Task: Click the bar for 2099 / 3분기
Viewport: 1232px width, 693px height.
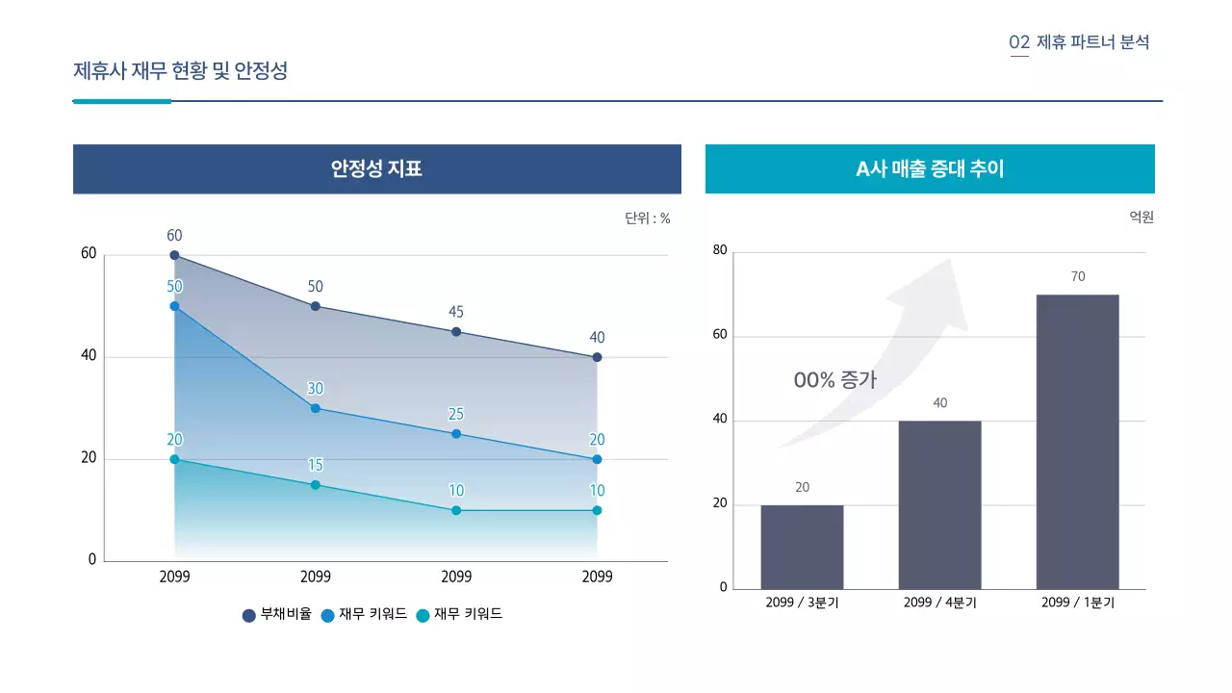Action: click(x=802, y=547)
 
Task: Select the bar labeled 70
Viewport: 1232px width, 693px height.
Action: click(x=1077, y=442)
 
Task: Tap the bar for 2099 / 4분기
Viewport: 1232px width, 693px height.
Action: click(x=939, y=504)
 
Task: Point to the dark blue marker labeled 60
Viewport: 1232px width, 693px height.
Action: click(x=174, y=255)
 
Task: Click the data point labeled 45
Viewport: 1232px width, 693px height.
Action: click(x=456, y=332)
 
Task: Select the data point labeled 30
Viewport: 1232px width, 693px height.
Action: click(x=316, y=408)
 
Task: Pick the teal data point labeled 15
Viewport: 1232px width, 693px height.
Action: click(x=316, y=485)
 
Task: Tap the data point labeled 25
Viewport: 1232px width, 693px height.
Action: click(x=456, y=434)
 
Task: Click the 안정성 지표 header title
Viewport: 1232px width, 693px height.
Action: click(x=376, y=169)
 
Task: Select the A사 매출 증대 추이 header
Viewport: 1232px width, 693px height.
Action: click(x=929, y=169)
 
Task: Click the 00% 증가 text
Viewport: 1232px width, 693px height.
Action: click(x=834, y=380)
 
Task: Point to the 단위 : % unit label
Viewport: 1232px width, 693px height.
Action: click(x=647, y=218)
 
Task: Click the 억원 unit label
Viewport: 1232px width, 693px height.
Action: click(x=1141, y=218)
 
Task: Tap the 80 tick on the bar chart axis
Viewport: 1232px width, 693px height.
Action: click(x=720, y=250)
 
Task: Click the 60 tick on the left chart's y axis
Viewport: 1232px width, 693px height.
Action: click(x=89, y=254)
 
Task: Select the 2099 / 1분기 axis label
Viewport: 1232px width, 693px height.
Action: click(x=1077, y=603)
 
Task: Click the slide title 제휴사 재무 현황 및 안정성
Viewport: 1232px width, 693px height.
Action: click(x=181, y=70)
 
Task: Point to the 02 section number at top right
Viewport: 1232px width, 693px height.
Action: click(x=1019, y=42)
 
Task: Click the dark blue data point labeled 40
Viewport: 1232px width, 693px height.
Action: click(x=597, y=357)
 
